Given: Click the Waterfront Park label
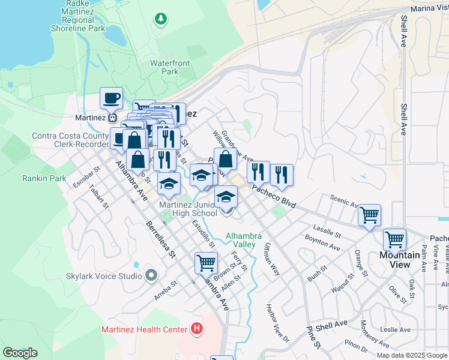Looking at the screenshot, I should [x=170, y=67].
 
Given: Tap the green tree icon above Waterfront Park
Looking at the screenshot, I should [x=160, y=20].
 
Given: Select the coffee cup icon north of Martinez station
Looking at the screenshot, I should [x=111, y=98].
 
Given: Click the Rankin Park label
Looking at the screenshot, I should [x=44, y=178].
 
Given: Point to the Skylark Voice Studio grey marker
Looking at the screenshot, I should [x=151, y=276].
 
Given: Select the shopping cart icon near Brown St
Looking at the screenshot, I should [x=206, y=262].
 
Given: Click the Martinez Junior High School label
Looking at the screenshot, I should [x=187, y=209].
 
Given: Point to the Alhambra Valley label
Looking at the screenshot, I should [x=244, y=240].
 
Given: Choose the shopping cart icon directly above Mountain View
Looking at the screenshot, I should [x=394, y=239].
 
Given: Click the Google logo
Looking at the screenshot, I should [x=20, y=353].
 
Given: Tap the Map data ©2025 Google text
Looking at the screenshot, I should [x=412, y=355].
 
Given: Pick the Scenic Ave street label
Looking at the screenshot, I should [x=343, y=200].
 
